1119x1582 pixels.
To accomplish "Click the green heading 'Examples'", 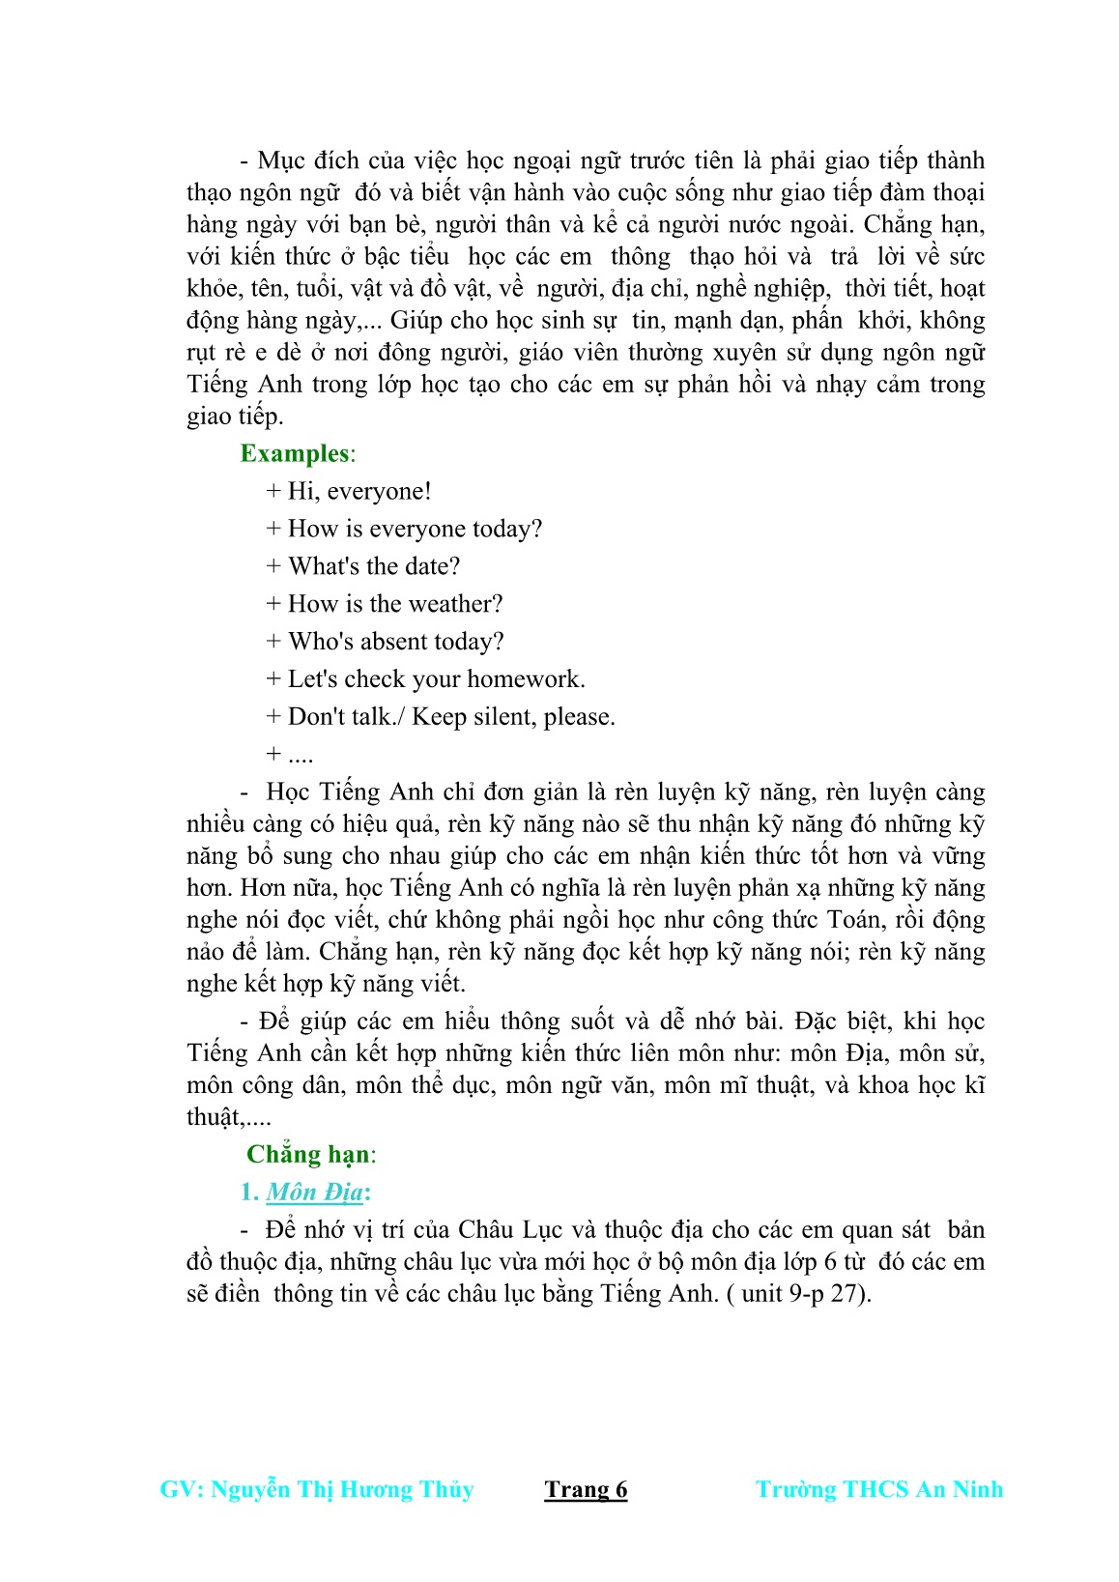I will (295, 453).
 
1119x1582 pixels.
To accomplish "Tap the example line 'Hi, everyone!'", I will (359, 491).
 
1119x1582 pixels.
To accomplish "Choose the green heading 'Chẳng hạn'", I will (308, 1154).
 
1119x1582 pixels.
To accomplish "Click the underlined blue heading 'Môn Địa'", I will (314, 1192).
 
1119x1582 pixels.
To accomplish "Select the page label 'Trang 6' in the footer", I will (586, 1489).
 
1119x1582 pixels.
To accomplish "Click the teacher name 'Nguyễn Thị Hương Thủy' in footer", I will (342, 1489).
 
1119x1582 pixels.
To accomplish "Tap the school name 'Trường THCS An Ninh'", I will (879, 1489).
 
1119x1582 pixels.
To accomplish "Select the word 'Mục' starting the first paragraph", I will (282, 160).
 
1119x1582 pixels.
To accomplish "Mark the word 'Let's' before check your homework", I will (312, 679).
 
